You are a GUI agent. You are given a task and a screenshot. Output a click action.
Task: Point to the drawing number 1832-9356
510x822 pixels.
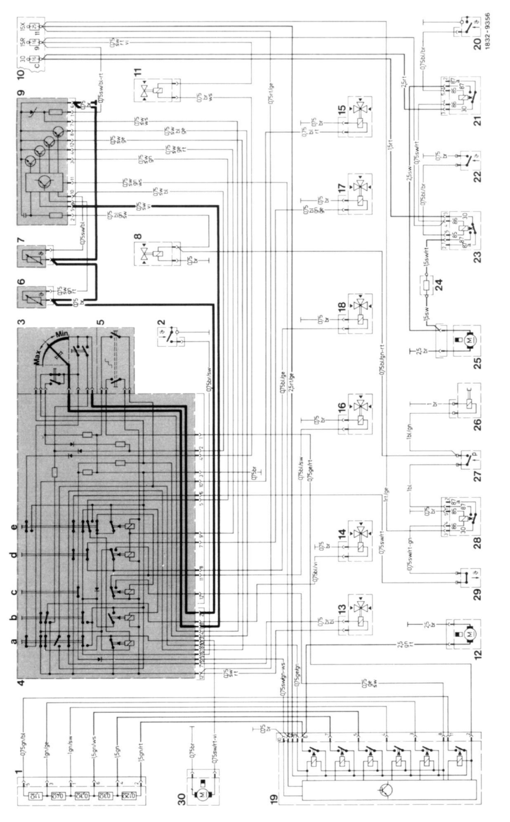coord(504,31)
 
